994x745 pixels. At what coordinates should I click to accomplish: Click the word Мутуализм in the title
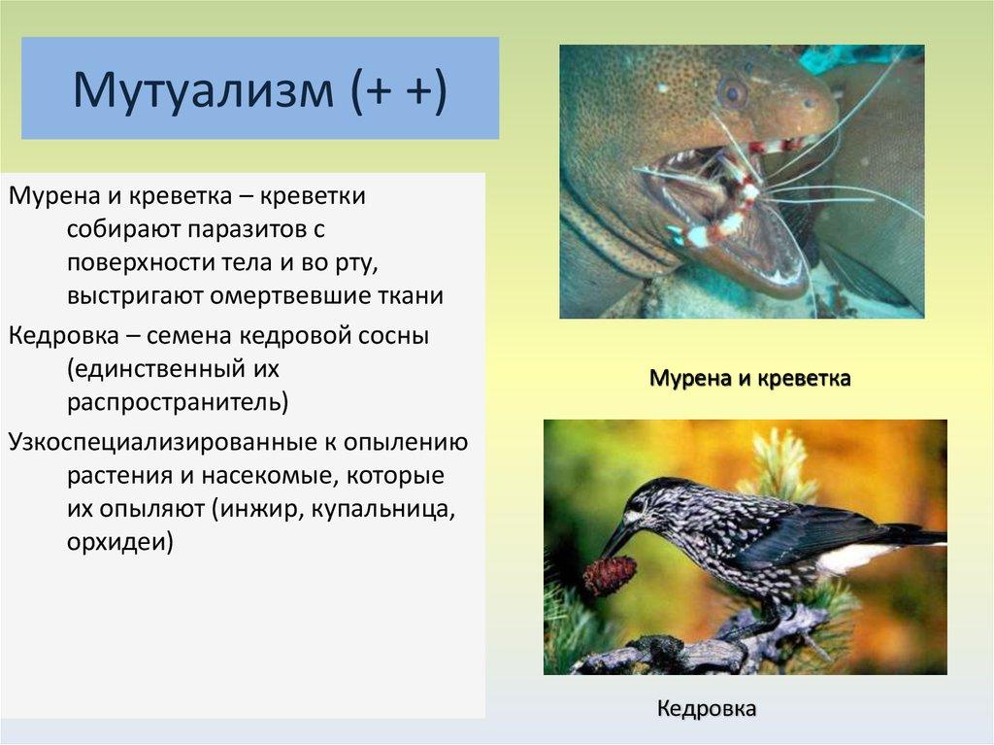click(203, 88)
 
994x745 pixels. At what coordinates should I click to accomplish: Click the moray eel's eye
click(734, 92)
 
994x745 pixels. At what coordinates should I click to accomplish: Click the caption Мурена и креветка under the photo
click(750, 378)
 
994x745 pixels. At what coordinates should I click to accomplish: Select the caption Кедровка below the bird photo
click(707, 708)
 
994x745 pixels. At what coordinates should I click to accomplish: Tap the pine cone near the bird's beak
click(609, 574)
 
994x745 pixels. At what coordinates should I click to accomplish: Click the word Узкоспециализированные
click(166, 443)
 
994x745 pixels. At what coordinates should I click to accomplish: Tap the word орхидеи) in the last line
click(119, 543)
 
